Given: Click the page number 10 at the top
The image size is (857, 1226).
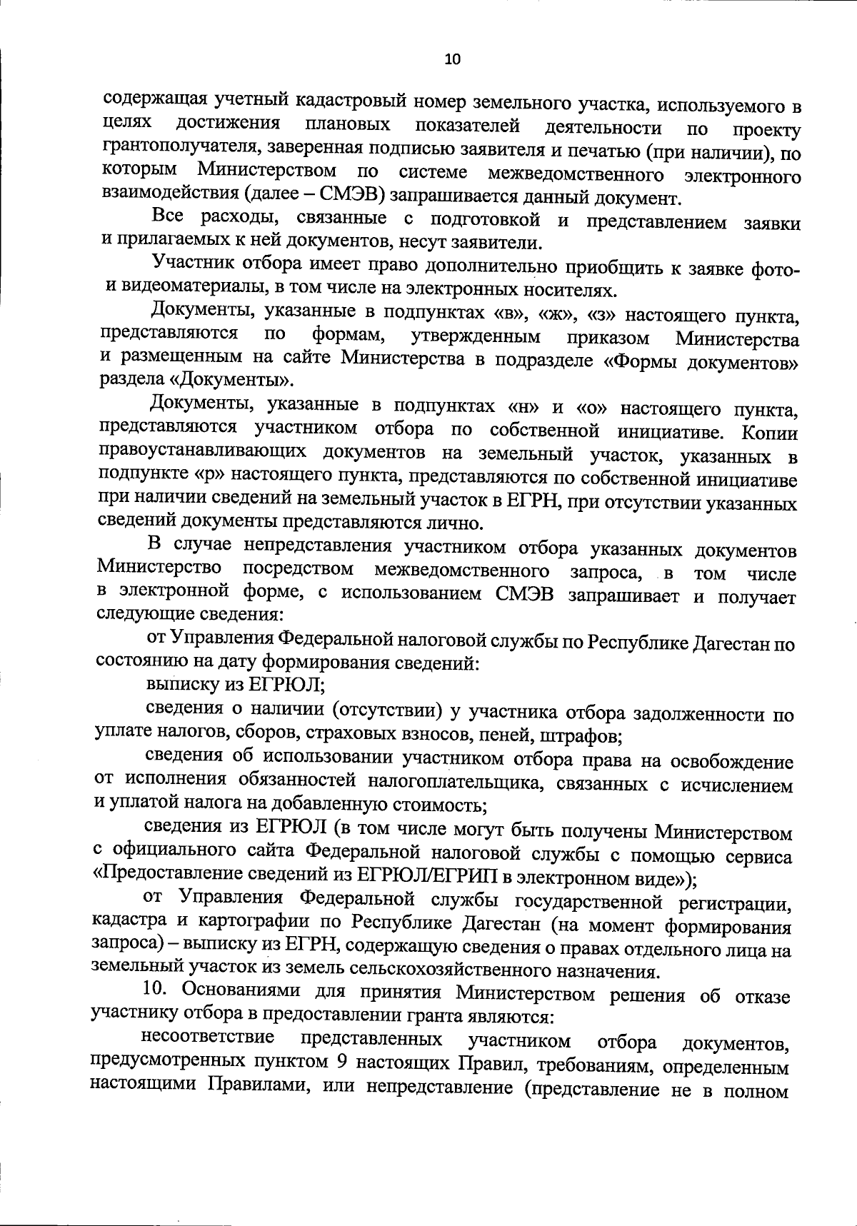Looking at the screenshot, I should click(x=453, y=59).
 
